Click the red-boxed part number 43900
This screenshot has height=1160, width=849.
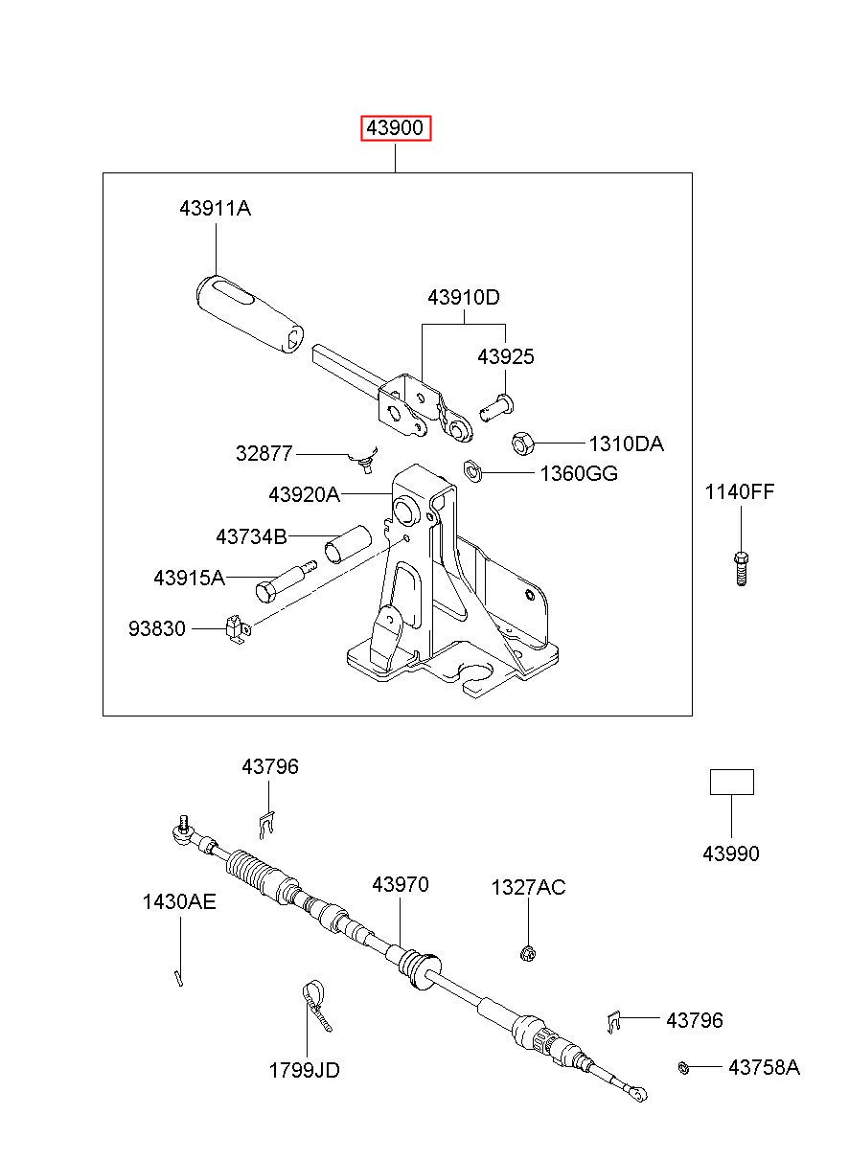(395, 128)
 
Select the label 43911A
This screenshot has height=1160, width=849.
(215, 209)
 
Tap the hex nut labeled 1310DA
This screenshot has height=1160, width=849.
(521, 444)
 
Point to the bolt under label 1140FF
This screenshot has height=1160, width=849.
(742, 568)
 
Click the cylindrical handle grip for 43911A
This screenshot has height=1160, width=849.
(250, 314)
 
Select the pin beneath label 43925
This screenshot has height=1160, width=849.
(496, 407)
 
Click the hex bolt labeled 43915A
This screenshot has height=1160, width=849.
(286, 581)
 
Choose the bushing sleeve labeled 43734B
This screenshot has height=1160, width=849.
(348, 544)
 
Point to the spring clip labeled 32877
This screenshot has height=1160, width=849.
(364, 460)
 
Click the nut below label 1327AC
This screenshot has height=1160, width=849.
(527, 952)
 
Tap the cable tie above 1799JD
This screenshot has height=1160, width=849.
(316, 1005)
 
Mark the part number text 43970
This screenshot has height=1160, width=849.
(401, 884)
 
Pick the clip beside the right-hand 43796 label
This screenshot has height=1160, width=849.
(614, 1022)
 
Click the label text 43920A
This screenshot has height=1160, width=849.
(304, 495)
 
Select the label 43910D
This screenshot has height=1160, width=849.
(464, 298)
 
